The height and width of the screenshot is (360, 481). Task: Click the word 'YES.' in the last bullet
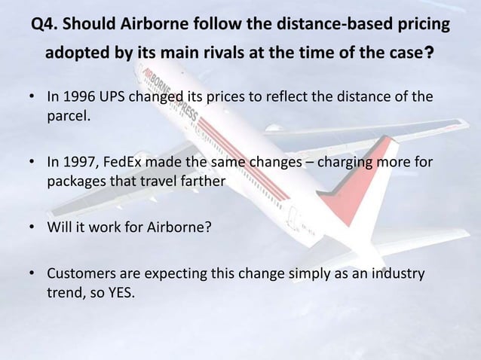(x=117, y=288)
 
